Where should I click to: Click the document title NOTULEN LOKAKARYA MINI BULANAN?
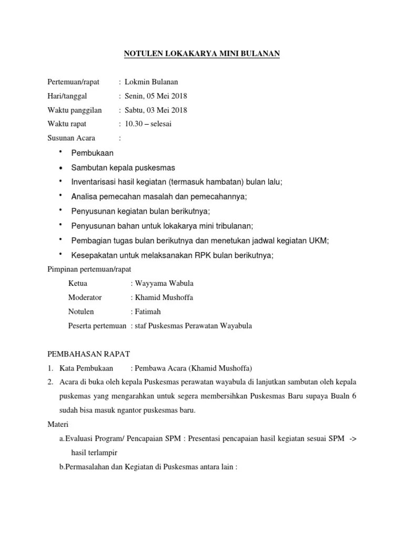click(201, 54)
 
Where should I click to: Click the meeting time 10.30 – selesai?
click(148, 124)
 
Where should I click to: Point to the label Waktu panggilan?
click(75, 110)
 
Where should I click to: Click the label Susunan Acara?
click(72, 138)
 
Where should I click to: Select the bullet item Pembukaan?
click(92, 153)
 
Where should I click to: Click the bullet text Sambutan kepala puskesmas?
click(123, 167)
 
